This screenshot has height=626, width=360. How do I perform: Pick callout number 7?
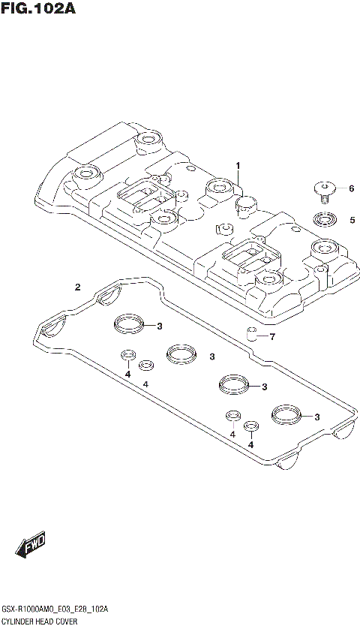coord(272,336)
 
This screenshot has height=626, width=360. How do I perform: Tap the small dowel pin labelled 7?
coord(253,334)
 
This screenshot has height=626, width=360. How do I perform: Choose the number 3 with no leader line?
coord(212,357)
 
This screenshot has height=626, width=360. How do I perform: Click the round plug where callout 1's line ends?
coord(247,203)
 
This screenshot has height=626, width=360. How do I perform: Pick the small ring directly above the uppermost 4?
coord(128,356)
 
